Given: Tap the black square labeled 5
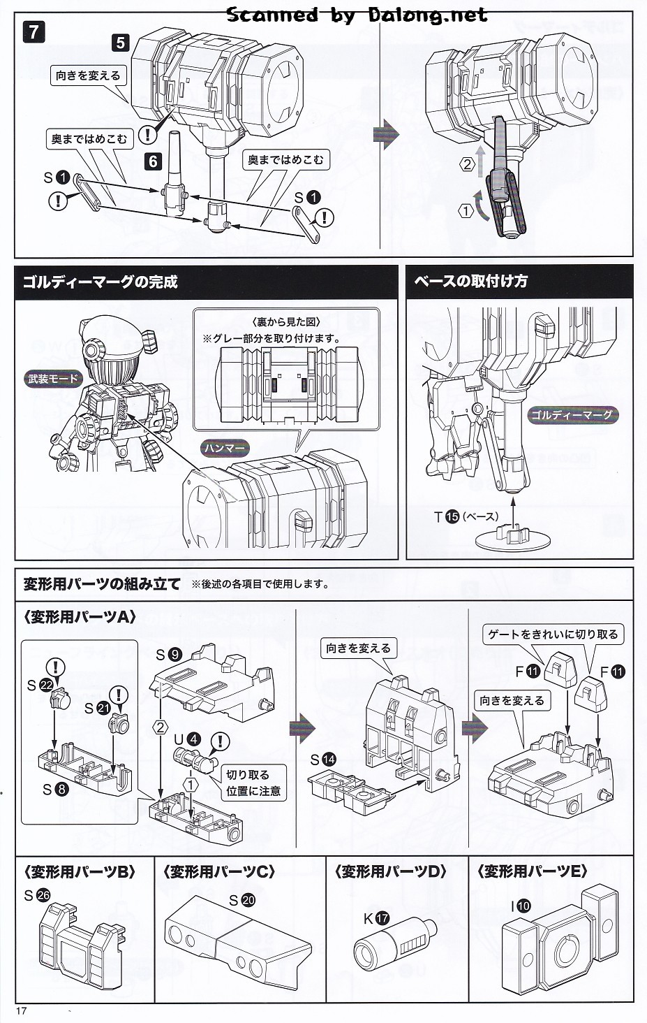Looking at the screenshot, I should click(x=121, y=42).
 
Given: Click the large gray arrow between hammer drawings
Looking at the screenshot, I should click(x=385, y=134).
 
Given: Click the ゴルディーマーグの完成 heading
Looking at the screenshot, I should click(x=101, y=282).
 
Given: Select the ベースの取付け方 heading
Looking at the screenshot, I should click(x=471, y=282).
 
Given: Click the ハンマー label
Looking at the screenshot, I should click(x=225, y=448).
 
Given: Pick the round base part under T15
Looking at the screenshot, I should click(x=513, y=539).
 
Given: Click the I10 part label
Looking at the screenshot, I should click(x=520, y=906).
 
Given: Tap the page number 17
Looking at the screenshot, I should click(x=18, y=1010).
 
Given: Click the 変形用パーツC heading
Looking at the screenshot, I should click(x=219, y=871).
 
